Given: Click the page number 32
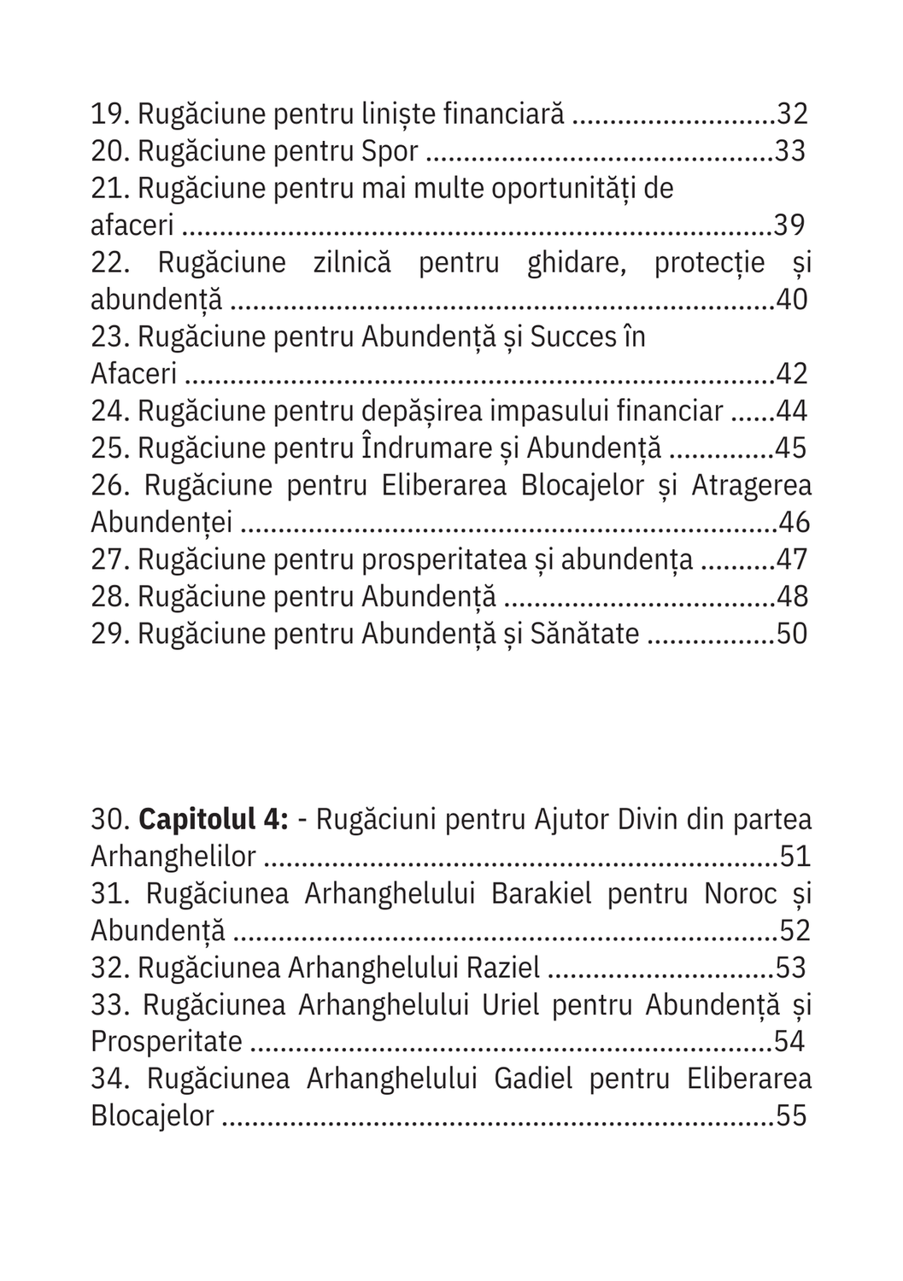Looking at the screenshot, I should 791,114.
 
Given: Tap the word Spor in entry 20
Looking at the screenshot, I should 390,151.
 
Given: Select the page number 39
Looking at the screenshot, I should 789,225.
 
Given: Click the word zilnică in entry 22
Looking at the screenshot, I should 352,262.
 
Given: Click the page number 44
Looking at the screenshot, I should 791,412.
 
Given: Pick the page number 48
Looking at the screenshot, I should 791,597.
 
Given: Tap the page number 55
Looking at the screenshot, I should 791,1116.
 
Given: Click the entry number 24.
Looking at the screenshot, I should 109,412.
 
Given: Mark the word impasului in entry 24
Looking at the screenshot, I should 562,412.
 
